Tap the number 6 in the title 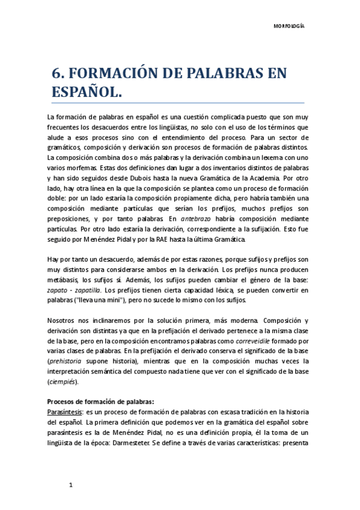[x=58, y=74]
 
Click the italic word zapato [x=57, y=290]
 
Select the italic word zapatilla [x=88, y=290]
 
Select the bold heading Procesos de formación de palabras [x=100, y=403]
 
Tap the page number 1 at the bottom [x=71, y=484]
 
